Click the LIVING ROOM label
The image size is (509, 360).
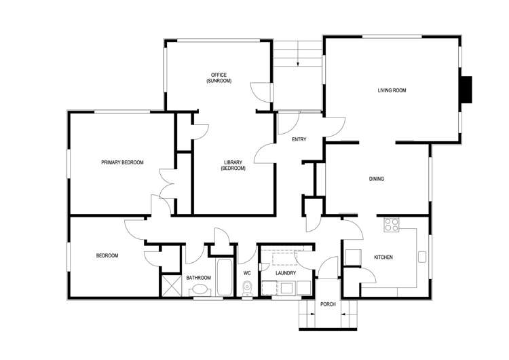coord(392,90)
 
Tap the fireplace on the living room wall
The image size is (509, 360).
coord(466,90)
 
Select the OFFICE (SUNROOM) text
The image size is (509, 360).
coord(219,77)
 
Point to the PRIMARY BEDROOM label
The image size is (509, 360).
coord(122,162)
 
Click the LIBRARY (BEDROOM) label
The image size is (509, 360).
coord(233,165)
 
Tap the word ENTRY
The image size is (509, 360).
coord(299,140)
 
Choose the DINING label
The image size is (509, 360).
coord(377,179)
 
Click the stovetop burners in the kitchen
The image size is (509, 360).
coord(392,225)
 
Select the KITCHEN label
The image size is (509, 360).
coord(383,257)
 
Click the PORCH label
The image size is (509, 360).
coord(328,304)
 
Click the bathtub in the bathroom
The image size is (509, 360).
coord(224,276)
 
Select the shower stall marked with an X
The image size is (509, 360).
coord(170,285)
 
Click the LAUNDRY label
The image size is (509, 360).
coord(286,273)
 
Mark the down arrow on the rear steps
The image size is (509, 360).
coord(297,63)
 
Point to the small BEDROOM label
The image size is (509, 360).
coord(107,256)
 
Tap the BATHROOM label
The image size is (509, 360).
coord(199,278)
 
